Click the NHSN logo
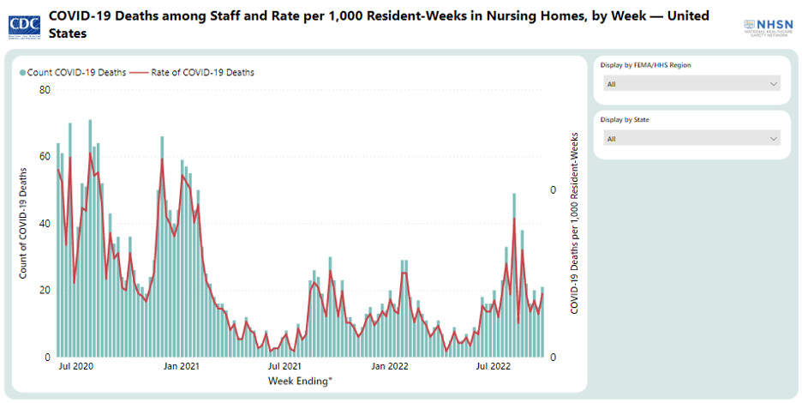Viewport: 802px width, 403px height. point(768,27)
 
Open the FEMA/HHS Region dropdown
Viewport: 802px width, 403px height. point(691,84)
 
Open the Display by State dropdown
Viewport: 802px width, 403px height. point(691,138)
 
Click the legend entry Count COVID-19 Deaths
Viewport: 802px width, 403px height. point(72,73)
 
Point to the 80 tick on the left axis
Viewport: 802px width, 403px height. point(45,90)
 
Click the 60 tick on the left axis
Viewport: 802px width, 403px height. point(45,157)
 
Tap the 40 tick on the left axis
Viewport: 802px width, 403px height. point(45,223)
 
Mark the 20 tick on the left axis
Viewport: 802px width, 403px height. point(45,290)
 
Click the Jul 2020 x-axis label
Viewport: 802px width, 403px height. point(75,367)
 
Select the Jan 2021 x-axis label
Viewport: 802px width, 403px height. point(182,367)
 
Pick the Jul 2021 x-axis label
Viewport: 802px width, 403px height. point(284,367)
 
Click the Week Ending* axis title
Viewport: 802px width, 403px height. point(300,381)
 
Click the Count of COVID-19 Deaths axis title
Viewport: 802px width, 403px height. point(24,223)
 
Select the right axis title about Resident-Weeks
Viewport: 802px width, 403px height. point(573,223)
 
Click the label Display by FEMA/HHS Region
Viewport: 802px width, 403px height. point(645,65)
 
